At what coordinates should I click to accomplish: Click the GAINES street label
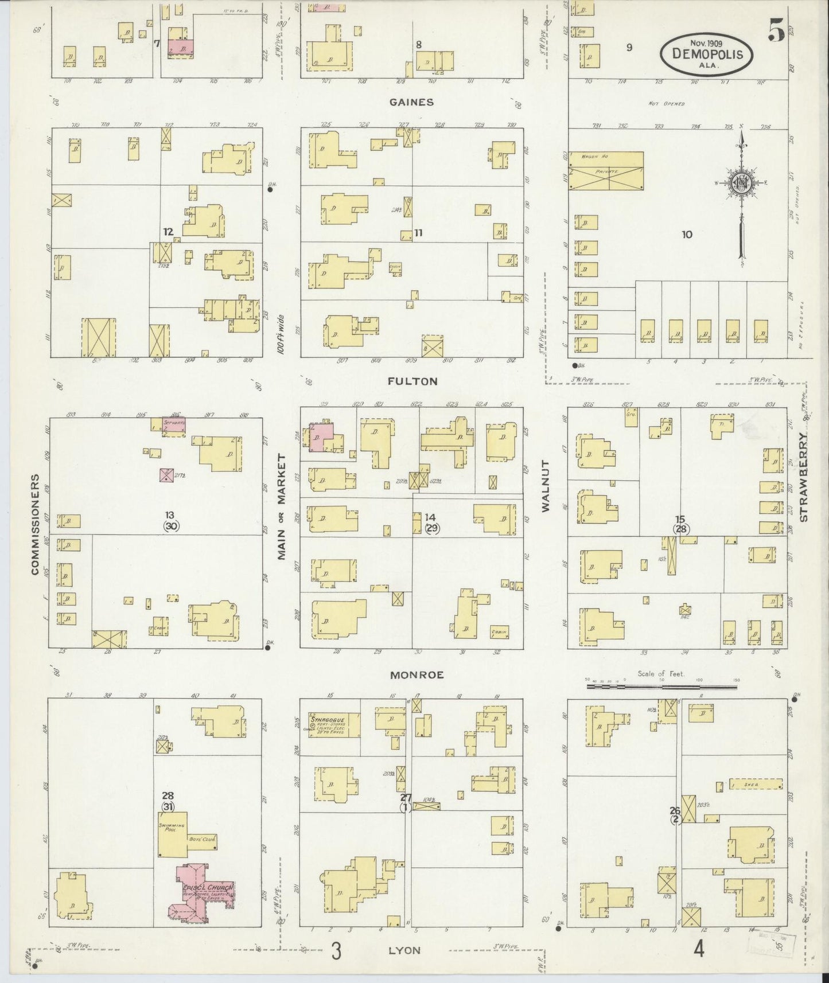[x=411, y=102]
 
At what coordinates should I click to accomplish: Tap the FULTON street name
[x=412, y=381]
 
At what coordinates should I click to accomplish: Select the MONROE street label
[x=417, y=675]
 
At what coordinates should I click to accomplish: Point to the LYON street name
[x=404, y=950]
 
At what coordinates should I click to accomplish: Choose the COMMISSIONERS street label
[x=35, y=524]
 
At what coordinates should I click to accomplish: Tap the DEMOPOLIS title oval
[x=707, y=54]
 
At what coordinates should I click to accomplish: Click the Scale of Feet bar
[x=661, y=686]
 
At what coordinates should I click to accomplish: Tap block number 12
[x=168, y=232]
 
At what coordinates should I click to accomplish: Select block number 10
[x=687, y=234]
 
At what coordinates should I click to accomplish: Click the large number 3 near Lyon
[x=337, y=951]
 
